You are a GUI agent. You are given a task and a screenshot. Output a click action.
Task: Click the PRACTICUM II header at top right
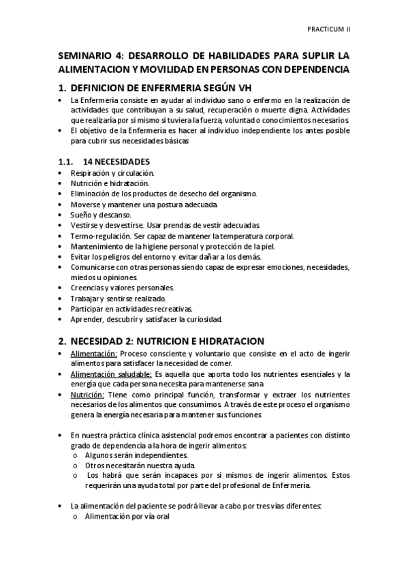pos(328,30)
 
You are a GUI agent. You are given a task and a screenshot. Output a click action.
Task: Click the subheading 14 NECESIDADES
pos(116,162)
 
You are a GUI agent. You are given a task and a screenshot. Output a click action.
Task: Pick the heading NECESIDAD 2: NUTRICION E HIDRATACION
pos(166,340)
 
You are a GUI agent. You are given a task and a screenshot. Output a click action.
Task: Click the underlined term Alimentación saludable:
pos(112,374)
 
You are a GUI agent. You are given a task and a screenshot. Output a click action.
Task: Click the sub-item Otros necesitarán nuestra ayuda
pos(133,465)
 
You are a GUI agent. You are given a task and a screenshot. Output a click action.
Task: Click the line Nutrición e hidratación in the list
pos(110,184)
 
